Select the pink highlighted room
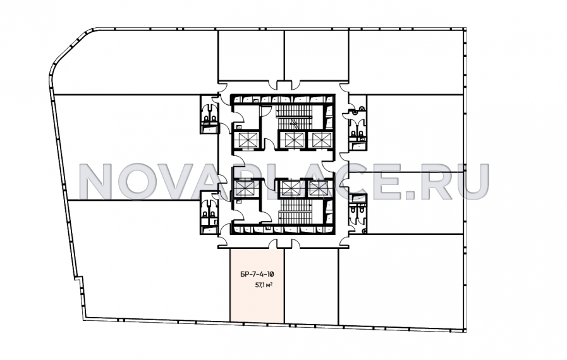coord(257,285)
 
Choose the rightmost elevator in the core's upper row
coord(320,140)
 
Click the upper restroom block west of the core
coord(209,114)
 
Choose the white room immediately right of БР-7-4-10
coord(312,286)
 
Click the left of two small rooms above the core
coord(251,56)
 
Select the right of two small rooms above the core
coord(317,56)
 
